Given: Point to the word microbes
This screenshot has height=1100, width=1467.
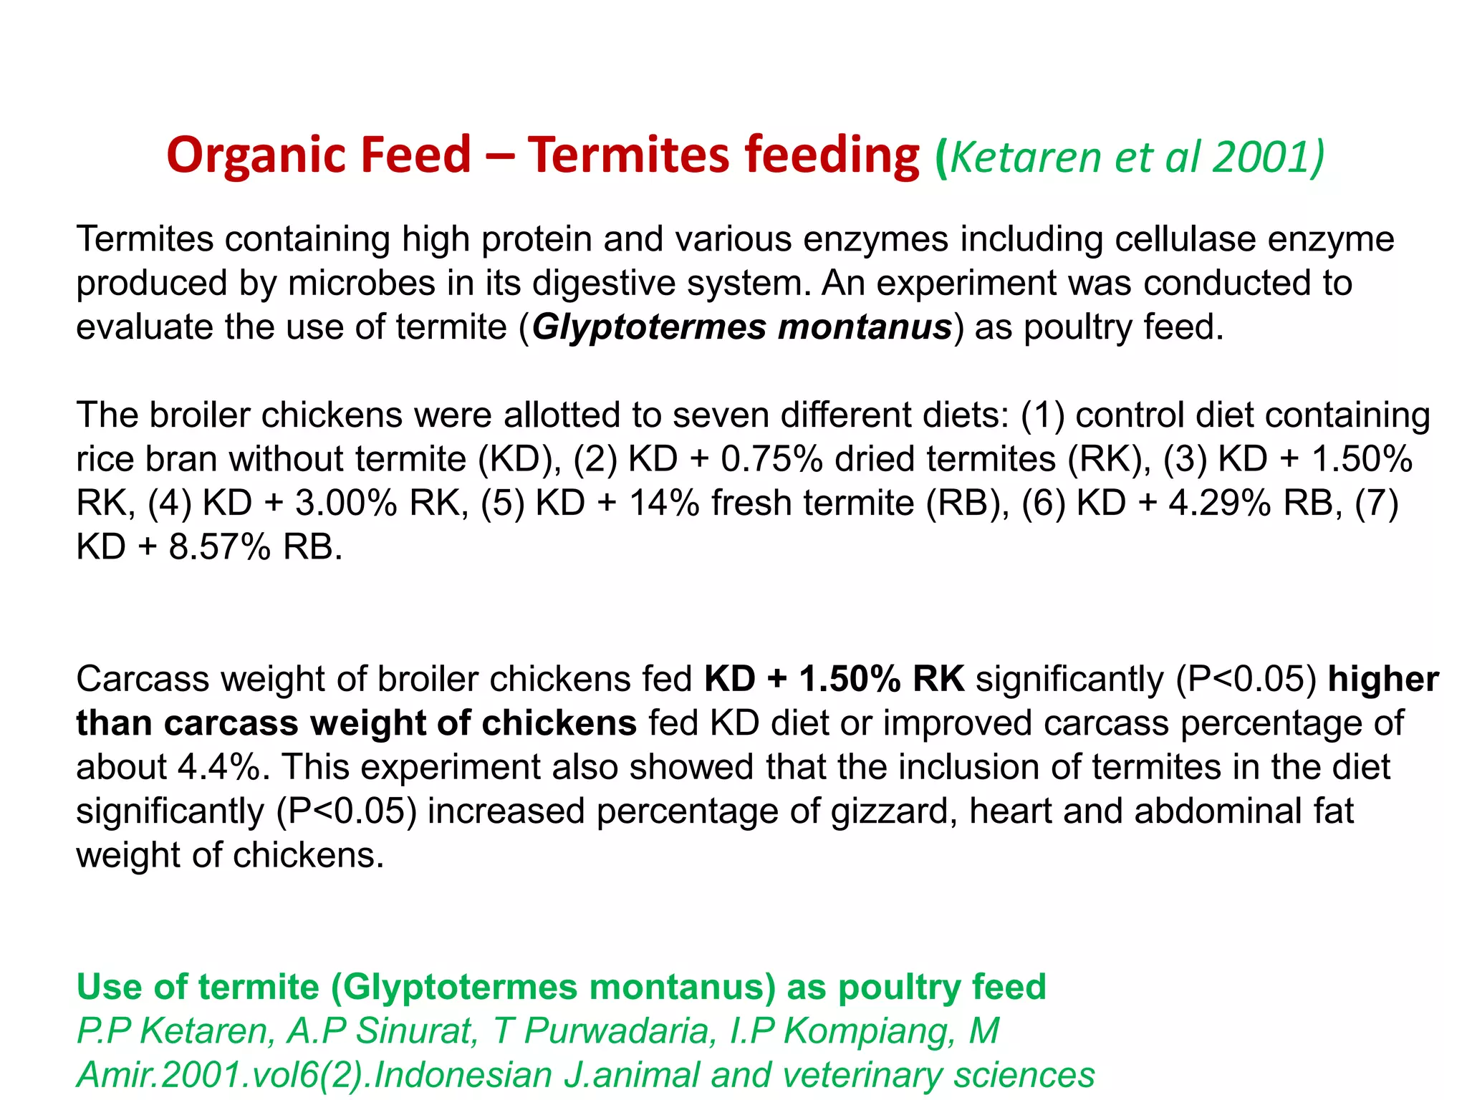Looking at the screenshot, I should pos(361,283).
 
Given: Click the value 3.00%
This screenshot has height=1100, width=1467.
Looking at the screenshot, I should pos(346,503).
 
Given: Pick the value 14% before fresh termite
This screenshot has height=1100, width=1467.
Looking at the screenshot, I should pos(664,503).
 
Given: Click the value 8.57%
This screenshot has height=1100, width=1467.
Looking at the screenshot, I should pos(220,548).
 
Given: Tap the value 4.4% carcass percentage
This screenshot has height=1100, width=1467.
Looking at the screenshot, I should pos(218,768).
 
